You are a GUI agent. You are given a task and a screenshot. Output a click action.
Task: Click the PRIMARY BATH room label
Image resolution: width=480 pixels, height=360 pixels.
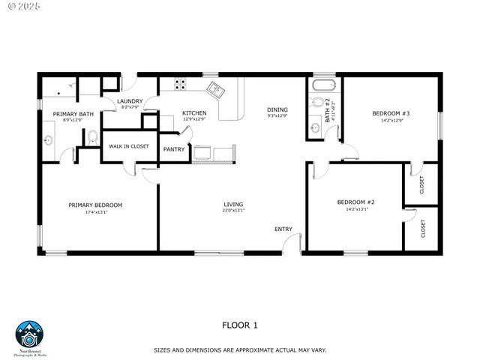tap(73, 114)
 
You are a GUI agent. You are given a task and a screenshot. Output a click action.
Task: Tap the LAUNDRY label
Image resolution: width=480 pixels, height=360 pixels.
tap(130, 101)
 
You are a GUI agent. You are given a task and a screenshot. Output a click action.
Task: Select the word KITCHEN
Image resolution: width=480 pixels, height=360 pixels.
tap(194, 113)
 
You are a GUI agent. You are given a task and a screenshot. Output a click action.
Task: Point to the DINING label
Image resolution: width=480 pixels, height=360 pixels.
tap(277, 110)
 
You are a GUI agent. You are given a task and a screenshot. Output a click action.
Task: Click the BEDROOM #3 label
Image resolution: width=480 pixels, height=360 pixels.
tap(391, 114)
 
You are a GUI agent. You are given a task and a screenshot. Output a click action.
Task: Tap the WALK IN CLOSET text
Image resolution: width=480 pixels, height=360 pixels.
tap(130, 146)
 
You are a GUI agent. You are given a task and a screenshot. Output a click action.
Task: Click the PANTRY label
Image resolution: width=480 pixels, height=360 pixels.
tap(174, 149)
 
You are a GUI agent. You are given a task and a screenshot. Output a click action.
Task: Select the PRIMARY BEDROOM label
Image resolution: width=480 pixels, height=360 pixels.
tap(95, 205)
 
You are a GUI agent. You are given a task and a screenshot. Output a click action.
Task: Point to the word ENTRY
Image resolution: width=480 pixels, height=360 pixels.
tap(283, 229)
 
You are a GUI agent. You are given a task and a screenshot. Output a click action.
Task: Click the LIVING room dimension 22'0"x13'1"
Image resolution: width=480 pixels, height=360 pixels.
tap(233, 211)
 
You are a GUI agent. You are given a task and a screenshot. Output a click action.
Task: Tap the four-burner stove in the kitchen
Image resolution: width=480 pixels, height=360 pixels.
tap(181, 84)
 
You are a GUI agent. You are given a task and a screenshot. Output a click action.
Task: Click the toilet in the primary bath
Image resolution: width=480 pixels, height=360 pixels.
tap(92, 136)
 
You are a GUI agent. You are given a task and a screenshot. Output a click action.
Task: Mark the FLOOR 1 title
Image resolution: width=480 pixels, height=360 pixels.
tap(240, 325)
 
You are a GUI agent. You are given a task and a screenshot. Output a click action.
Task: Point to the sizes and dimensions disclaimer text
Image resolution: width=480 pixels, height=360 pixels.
tap(240, 350)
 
